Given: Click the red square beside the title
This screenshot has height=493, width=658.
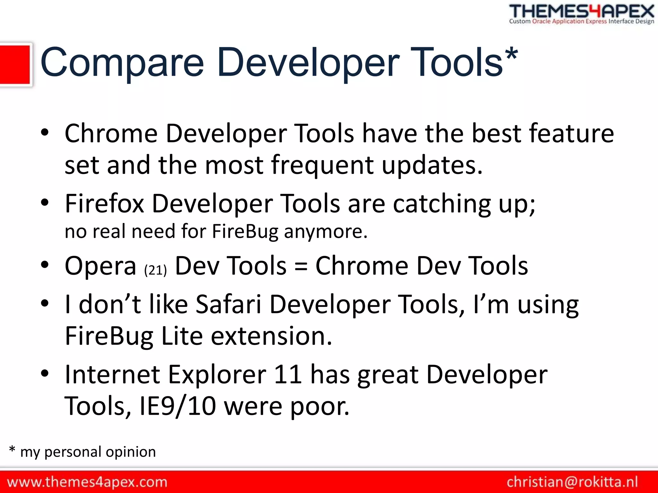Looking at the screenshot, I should coord(15,65).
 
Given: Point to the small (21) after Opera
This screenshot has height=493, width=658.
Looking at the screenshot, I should coord(156,270).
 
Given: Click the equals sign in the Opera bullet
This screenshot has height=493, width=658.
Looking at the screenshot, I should coord(301,266).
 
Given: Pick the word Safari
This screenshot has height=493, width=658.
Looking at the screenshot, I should coord(228,304).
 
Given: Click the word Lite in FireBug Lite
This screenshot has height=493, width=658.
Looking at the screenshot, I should coord(182,336).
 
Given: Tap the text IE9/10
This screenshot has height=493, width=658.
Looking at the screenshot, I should coord(178,406).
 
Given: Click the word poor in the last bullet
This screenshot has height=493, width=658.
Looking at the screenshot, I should coord(320,406).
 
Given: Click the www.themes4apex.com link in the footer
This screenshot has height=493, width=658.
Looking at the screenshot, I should coord(87,482).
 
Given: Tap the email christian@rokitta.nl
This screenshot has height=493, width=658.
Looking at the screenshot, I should coord(572,482).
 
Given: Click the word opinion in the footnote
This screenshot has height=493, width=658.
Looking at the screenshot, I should coord(131,452).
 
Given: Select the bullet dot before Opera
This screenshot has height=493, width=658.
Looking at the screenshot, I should coord(45,265).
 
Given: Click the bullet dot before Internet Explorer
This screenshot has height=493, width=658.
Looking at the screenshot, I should coord(45,373).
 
